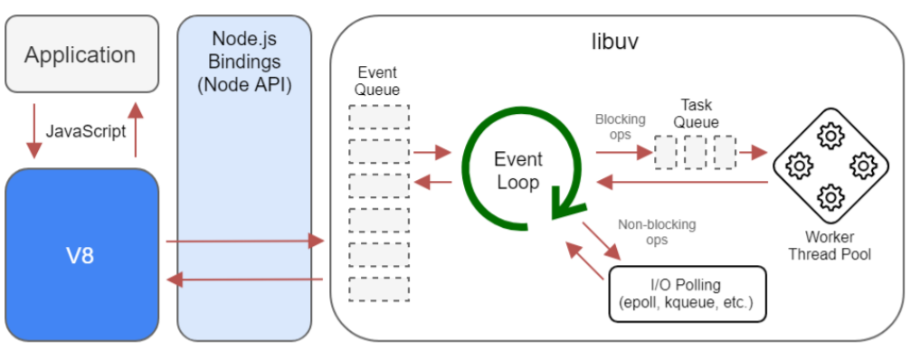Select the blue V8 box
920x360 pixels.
[82, 255]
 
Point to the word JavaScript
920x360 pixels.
[85, 131]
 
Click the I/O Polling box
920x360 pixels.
[688, 293]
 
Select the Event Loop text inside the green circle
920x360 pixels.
[517, 171]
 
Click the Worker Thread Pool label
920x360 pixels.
[830, 245]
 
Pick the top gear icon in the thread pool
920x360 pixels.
[830, 137]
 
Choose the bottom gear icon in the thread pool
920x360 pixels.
[830, 196]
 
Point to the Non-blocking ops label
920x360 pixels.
[642, 232]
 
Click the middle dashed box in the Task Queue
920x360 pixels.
[695, 152]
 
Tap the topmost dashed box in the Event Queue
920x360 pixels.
[378, 117]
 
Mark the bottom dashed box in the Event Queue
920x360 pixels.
[378, 289]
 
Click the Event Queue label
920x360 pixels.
[377, 81]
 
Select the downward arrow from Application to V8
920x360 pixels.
[34, 131]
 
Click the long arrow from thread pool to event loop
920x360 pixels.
[688, 183]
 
